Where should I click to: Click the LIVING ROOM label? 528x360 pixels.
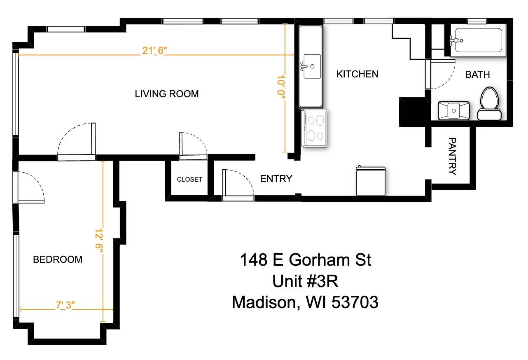167,94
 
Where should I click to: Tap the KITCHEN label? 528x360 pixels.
357,74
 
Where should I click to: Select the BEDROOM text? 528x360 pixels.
58,259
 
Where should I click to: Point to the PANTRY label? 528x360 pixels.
452,157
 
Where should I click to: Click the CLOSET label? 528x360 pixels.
189,180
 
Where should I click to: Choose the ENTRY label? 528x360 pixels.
276,179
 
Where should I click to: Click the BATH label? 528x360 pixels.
477,75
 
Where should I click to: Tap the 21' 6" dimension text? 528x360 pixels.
154,50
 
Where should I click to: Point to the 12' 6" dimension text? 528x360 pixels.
98,243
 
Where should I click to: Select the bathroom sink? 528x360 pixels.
453,110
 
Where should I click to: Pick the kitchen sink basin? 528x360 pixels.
311,66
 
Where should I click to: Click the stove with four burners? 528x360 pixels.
314,127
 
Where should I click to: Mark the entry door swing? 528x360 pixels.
238,185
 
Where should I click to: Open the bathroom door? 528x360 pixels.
440,74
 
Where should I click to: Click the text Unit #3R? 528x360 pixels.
305,281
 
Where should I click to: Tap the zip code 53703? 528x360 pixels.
355,303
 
